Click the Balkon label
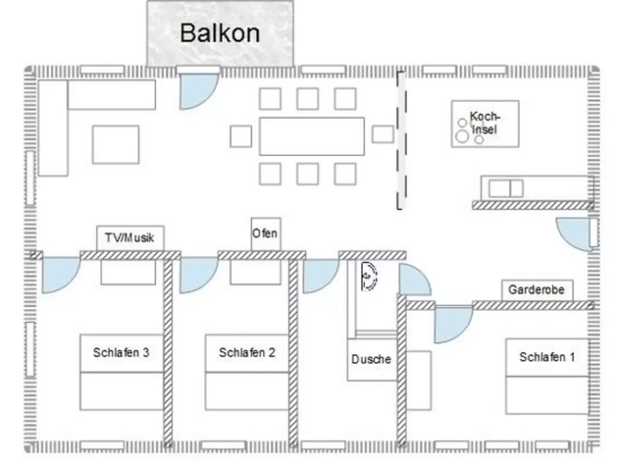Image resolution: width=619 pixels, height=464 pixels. (220, 33)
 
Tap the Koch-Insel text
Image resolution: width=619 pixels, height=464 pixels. (484, 123)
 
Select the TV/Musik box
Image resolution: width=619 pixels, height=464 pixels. (130, 238)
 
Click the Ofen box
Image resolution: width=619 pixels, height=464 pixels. (266, 234)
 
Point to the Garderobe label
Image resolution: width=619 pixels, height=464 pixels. (536, 290)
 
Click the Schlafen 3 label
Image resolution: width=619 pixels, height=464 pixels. (121, 353)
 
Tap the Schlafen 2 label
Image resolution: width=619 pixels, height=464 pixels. (247, 353)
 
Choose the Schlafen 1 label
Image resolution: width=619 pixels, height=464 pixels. (547, 357)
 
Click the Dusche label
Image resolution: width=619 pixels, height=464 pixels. (371, 359)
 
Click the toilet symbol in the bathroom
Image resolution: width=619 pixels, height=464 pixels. (369, 276)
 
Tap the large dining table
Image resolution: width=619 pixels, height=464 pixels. (312, 136)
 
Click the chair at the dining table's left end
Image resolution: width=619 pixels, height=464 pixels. (240, 136)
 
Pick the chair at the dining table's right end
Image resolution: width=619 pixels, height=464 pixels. (383, 134)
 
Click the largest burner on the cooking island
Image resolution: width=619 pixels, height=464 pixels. (462, 136)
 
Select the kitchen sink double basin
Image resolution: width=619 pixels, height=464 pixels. (506, 189)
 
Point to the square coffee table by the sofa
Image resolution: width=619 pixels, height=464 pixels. (116, 144)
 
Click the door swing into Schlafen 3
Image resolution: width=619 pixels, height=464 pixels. (61, 275)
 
